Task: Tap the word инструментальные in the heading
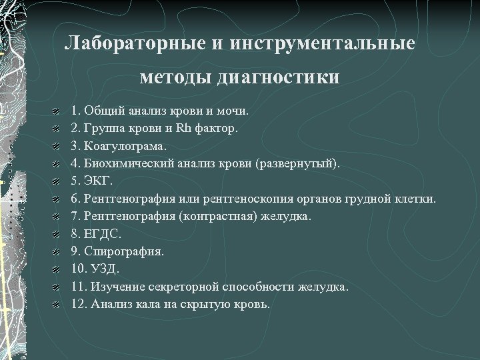(x=323, y=44)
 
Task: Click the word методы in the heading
(x=174, y=77)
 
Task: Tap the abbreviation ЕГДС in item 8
(x=102, y=234)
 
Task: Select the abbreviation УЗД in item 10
(x=103, y=269)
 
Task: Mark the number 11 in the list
(x=76, y=287)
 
